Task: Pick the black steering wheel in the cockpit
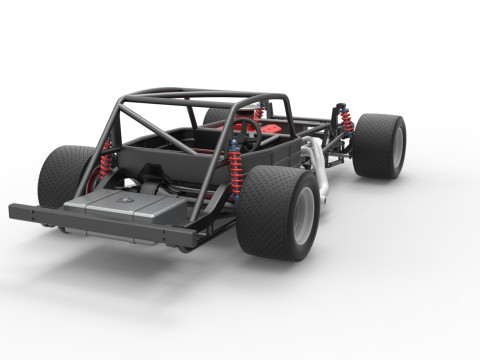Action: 244,135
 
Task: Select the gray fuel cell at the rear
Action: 125,211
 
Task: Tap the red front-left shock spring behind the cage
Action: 258,112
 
